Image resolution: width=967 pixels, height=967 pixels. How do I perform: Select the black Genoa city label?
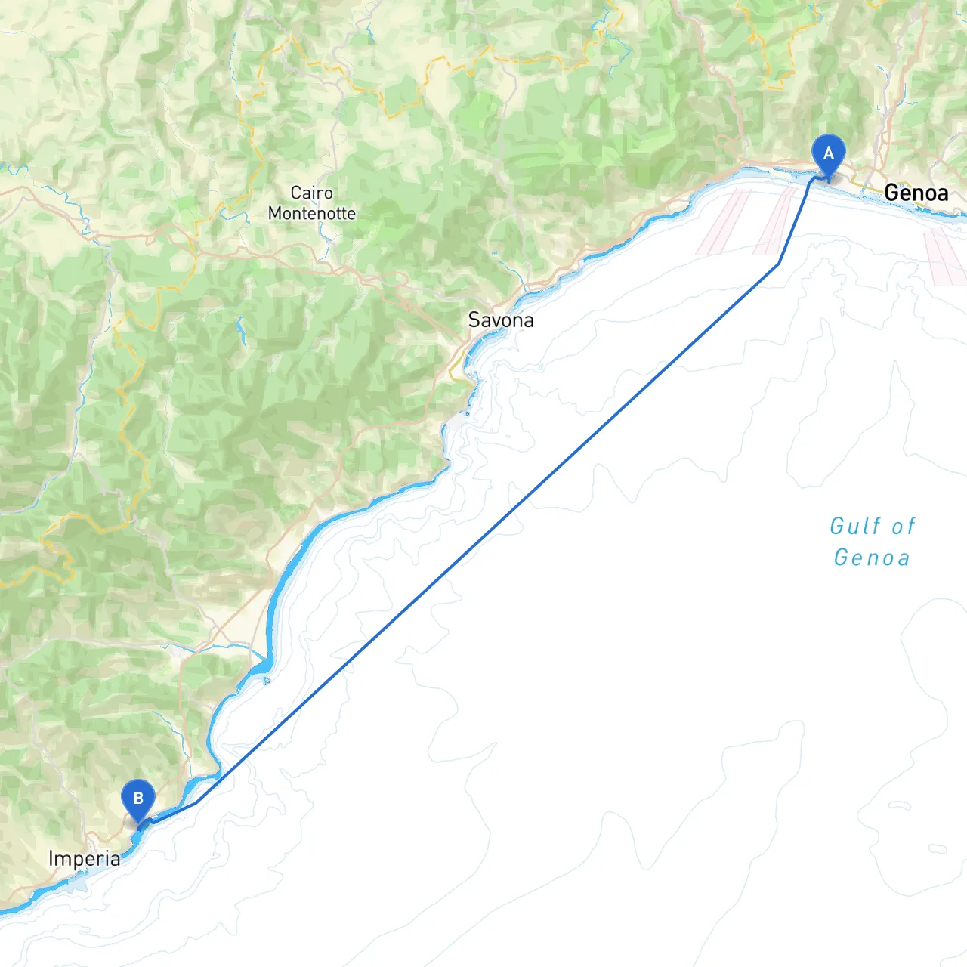[x=916, y=193]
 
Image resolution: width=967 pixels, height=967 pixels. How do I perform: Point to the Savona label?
[x=501, y=320]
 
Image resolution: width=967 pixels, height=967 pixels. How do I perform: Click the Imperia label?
[x=84, y=859]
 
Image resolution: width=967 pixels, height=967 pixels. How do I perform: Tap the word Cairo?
[x=311, y=193]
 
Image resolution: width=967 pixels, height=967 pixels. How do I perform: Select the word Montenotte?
[x=311, y=214]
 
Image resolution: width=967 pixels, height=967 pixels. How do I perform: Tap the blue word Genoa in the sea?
[x=872, y=558]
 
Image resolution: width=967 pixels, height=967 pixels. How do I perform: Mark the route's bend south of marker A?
[x=779, y=263]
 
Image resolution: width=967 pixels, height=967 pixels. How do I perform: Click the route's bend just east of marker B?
[x=196, y=803]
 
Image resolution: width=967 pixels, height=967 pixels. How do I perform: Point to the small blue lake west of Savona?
[x=240, y=330]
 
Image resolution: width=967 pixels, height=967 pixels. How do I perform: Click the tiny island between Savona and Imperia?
[x=267, y=681]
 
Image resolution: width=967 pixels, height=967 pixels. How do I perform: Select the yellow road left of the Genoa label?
[x=861, y=184]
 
